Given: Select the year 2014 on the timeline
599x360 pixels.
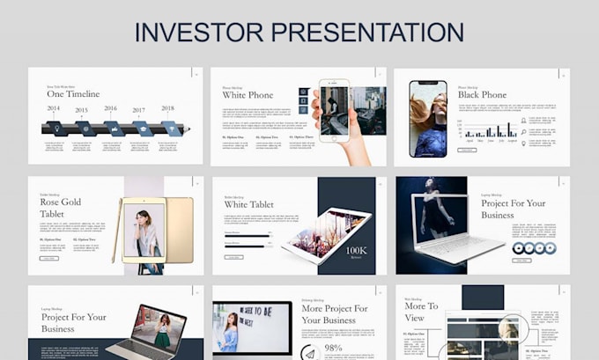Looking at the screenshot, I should point(54,109).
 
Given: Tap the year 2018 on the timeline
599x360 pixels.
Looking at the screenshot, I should point(167,109).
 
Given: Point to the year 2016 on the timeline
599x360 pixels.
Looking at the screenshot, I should point(111,109).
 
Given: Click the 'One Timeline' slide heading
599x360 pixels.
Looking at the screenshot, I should point(73,94).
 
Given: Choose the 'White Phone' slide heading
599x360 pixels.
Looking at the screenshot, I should point(248,95).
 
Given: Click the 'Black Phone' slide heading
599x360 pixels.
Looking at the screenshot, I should point(482,95).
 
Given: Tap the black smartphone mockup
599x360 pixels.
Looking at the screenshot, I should point(428,119).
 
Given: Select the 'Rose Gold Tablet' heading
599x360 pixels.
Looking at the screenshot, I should point(60,208).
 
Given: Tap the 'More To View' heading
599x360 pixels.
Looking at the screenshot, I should point(415,312).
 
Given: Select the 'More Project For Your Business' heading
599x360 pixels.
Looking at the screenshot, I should point(335,314).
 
